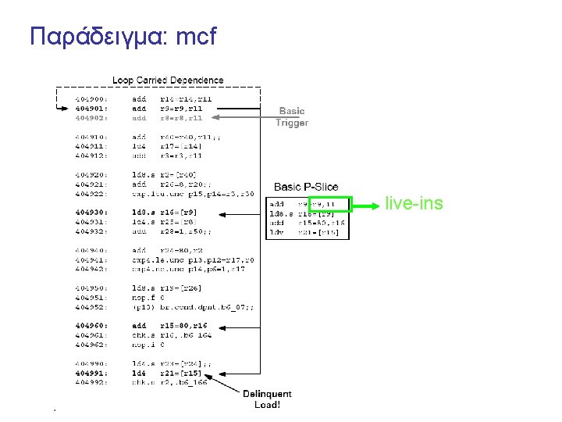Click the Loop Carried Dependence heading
tap(168, 80)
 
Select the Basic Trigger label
tap(293, 116)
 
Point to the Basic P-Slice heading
tap(306, 187)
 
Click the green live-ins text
tap(414, 204)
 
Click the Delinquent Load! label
tap(267, 399)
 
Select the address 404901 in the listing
tap(91, 109)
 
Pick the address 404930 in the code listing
tap(91, 212)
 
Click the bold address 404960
tap(91, 325)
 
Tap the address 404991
tap(91, 373)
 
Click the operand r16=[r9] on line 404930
tap(179, 212)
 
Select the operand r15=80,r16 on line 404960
tap(184, 325)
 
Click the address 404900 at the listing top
tap(91, 99)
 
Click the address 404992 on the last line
tap(91, 382)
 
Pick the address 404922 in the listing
tap(91, 193)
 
